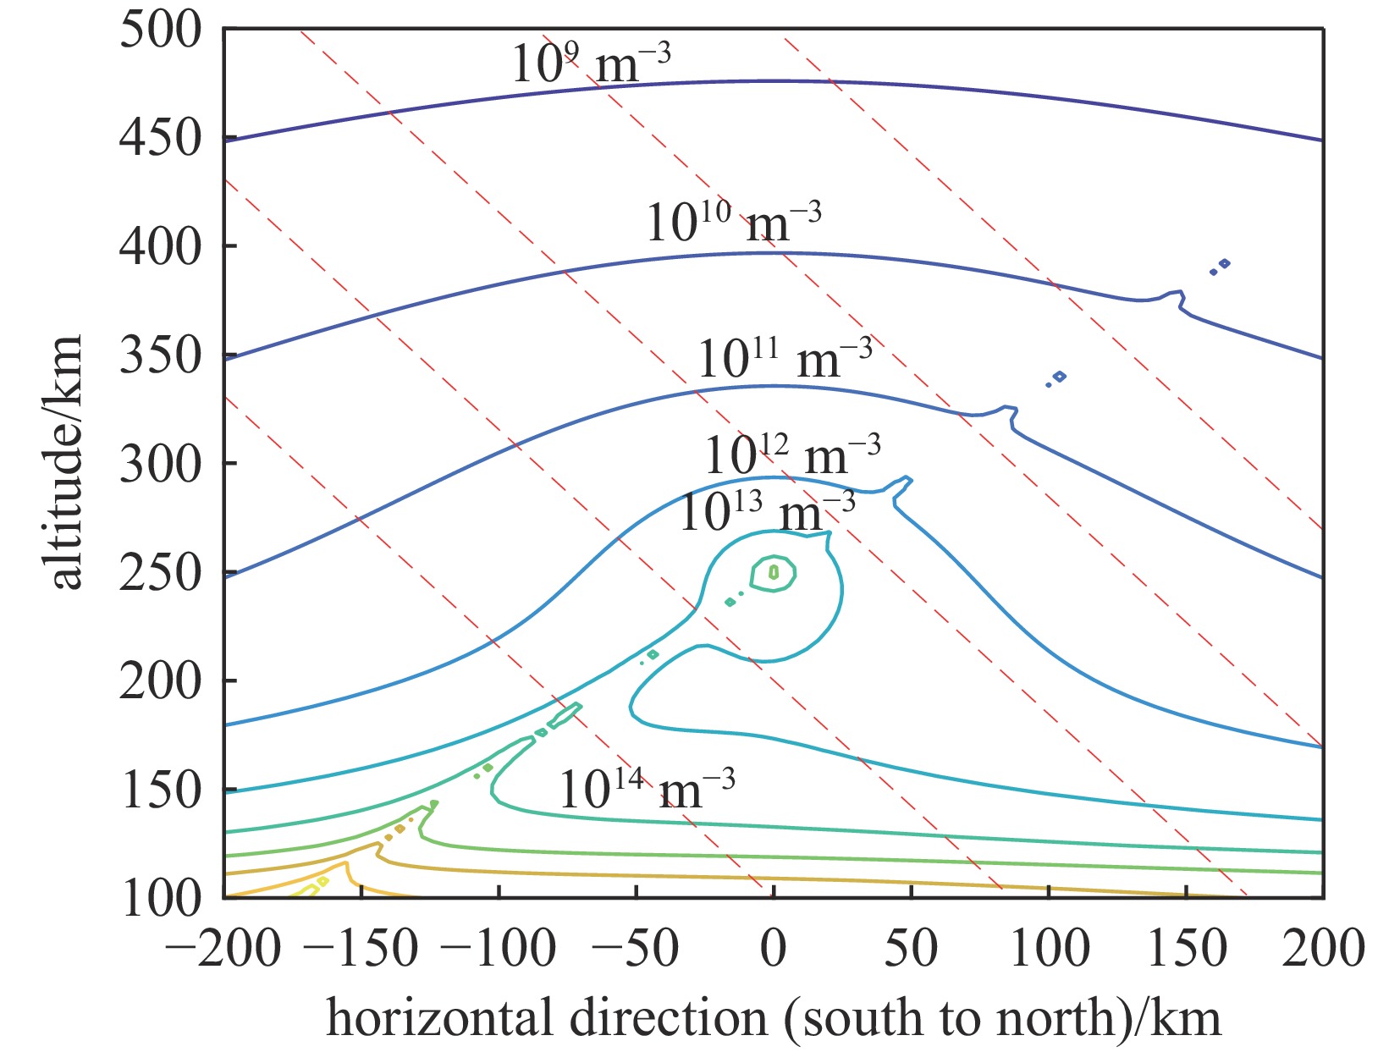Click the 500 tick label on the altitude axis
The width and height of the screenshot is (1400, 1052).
(161, 31)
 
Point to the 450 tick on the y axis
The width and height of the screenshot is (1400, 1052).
(161, 138)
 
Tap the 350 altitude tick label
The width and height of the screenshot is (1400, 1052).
(161, 355)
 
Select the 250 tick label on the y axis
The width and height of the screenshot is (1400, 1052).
(161, 573)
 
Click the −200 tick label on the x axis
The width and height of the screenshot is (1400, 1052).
(223, 948)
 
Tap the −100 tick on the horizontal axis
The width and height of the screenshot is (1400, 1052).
(499, 948)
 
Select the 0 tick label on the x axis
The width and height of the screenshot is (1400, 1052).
(773, 948)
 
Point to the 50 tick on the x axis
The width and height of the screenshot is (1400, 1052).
(911, 948)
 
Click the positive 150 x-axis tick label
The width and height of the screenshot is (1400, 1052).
(1186, 948)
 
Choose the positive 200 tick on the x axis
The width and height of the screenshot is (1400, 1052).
(1322, 948)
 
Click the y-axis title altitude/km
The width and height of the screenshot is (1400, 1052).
(65, 461)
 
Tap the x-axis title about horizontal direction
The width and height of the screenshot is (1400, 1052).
(774, 1018)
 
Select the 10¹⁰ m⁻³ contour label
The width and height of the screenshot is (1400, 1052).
(733, 223)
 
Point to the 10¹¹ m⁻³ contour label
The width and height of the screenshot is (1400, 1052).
(785, 358)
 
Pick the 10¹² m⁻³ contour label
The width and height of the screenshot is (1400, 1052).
(792, 455)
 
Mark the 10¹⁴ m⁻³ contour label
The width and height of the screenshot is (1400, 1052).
(647, 790)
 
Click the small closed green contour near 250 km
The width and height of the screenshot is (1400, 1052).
(774, 573)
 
